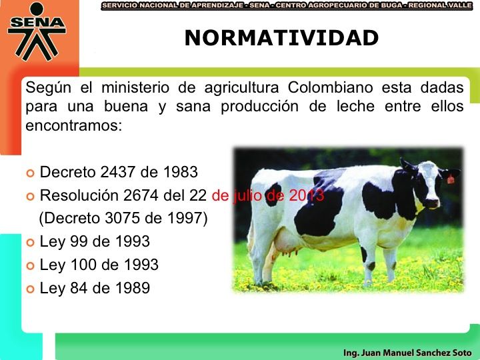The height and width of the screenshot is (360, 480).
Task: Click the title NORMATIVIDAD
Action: [281, 38]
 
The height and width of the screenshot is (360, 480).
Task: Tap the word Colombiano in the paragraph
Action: [330, 87]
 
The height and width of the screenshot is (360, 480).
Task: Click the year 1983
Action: [180, 172]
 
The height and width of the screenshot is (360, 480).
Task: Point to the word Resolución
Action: [79, 195]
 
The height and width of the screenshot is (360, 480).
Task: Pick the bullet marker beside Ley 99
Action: [30, 243]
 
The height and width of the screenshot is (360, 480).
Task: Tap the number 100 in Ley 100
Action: [83, 265]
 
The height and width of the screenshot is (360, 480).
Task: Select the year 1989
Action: [133, 288]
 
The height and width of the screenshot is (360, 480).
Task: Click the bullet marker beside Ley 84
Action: [30, 289]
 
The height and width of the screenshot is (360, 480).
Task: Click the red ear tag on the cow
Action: [450, 179]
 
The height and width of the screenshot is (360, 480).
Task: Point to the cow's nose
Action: [432, 203]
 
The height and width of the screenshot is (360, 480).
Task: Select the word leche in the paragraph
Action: [355, 107]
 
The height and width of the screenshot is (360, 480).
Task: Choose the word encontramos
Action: [73, 125]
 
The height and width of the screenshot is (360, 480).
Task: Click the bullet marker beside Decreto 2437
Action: [30, 173]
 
